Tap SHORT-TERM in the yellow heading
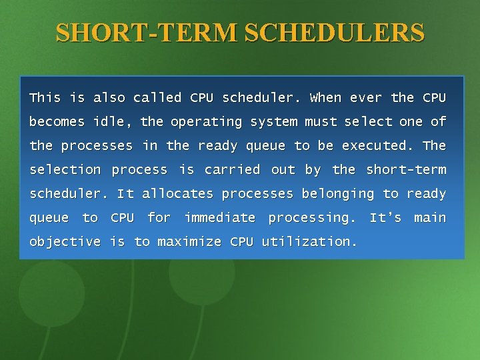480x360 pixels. pyautogui.click(x=149, y=32)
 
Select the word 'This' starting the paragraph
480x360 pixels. pyautogui.click(x=45, y=98)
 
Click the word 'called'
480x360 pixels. pyautogui.click(x=157, y=98)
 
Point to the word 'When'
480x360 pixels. pyautogui.click(x=326, y=98)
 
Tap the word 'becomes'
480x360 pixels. pyautogui.click(x=57, y=122)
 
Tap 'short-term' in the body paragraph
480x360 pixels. pyautogui.click(x=406, y=170)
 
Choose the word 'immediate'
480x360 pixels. pyautogui.click(x=220, y=218)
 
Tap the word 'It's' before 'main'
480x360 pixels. pyautogui.click(x=385, y=218)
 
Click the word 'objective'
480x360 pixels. pyautogui.click(x=65, y=242)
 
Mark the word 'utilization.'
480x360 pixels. pyautogui.click(x=309, y=242)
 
